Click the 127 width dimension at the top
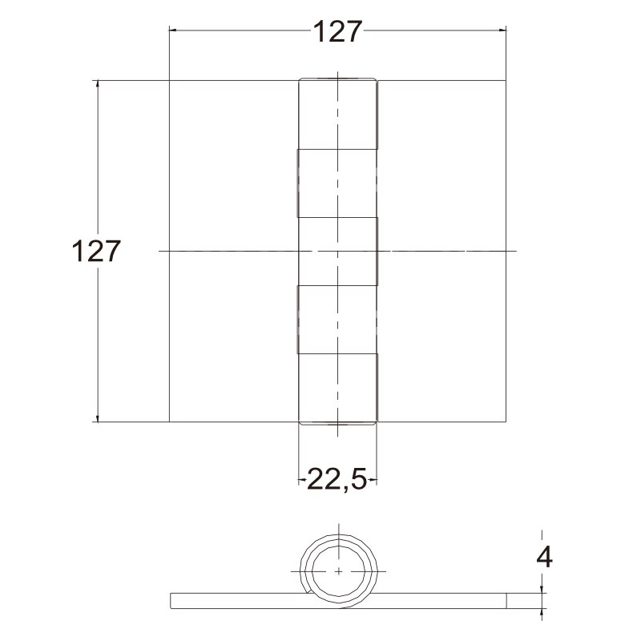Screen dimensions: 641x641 (337, 31)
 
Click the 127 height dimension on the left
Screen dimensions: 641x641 (96, 251)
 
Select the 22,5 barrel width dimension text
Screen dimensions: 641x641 (337, 478)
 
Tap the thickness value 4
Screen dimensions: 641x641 (545, 557)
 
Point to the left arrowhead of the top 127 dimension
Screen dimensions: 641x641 (173, 30)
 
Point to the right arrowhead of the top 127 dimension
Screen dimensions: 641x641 (502, 30)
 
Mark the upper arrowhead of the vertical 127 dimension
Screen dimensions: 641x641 (97, 84)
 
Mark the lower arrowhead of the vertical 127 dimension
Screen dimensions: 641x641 (97, 417)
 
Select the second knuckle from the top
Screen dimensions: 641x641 (337, 183)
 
